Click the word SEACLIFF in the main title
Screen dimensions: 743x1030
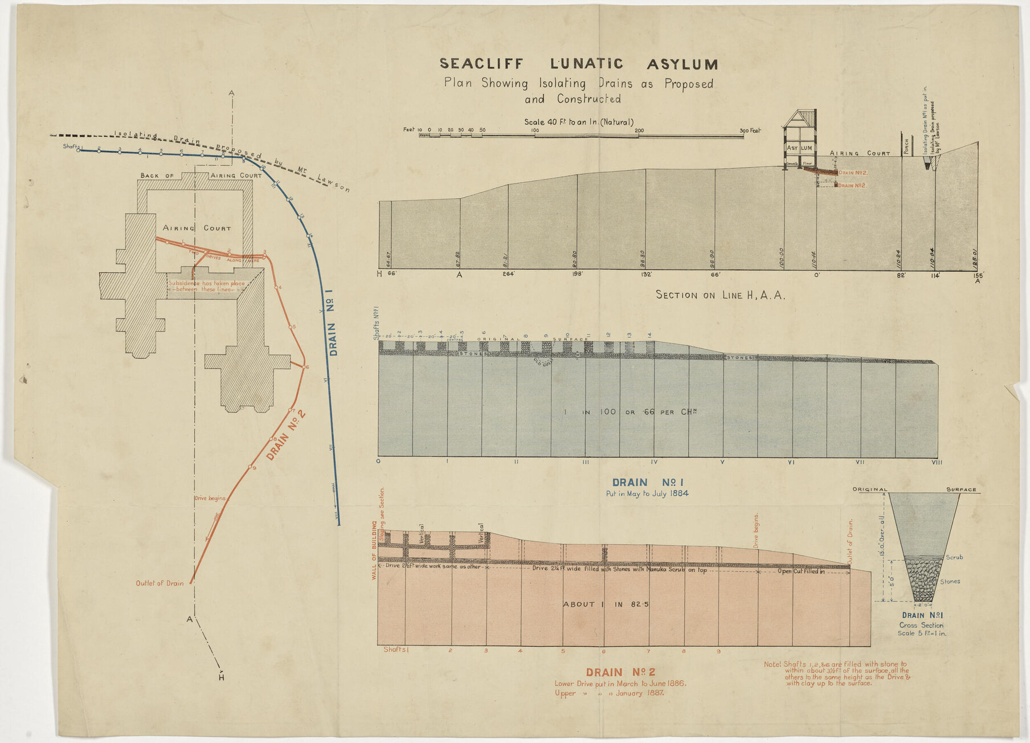pyautogui.click(x=479, y=63)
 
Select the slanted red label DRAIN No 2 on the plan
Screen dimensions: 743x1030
pyautogui.click(x=286, y=434)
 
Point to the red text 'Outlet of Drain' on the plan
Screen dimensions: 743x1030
pyautogui.click(x=160, y=583)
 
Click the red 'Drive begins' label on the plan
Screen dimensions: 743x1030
pyautogui.click(x=210, y=498)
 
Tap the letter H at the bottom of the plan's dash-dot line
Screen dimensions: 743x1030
pyautogui.click(x=222, y=677)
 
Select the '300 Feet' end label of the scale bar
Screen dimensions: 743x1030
pyautogui.click(x=750, y=130)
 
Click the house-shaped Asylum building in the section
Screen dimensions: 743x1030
pyautogui.click(x=800, y=140)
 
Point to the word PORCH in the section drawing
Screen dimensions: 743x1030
pyautogui.click(x=906, y=146)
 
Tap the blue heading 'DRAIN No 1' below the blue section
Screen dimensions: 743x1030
pyautogui.click(x=647, y=482)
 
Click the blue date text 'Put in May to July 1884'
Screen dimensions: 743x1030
pyautogui.click(x=647, y=493)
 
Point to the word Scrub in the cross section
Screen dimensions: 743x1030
pyautogui.click(x=954, y=557)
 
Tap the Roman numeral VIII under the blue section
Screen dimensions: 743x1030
pyautogui.click(x=937, y=462)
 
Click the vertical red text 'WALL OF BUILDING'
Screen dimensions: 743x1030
pyautogui.click(x=374, y=550)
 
